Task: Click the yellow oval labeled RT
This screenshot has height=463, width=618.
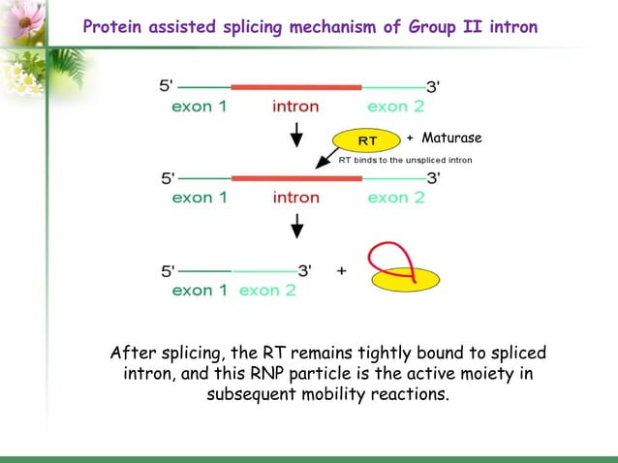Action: click(367, 140)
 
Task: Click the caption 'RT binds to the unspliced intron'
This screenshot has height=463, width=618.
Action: click(405, 160)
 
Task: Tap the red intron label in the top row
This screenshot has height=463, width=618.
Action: click(296, 106)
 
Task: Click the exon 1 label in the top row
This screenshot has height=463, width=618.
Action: click(200, 106)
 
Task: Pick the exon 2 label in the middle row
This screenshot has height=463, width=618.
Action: click(394, 198)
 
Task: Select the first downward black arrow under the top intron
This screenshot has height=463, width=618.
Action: click(297, 135)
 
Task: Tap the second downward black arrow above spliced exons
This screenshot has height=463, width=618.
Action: click(297, 229)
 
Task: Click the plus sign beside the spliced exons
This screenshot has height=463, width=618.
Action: click(341, 271)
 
